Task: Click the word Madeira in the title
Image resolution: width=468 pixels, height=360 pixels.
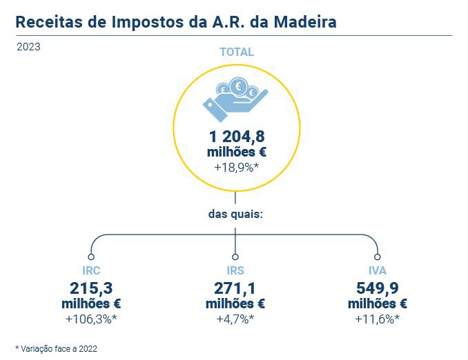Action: [306, 22]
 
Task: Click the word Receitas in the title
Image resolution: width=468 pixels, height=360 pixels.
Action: [46, 22]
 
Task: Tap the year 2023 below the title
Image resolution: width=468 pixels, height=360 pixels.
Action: [28, 48]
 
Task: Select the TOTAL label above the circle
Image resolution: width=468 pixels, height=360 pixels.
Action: [236, 52]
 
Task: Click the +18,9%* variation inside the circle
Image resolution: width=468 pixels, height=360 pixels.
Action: [236, 168]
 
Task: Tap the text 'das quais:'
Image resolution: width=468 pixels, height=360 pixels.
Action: [236, 214]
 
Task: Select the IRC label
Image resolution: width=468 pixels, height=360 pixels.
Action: [91, 270]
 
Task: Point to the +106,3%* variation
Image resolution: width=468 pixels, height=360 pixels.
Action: [91, 319]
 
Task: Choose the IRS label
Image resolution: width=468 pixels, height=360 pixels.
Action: [235, 270]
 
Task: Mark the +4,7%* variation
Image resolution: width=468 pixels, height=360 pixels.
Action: [235, 319]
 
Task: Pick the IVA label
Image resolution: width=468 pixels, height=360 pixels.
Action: [378, 270]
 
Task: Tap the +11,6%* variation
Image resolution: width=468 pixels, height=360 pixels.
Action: [378, 319]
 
